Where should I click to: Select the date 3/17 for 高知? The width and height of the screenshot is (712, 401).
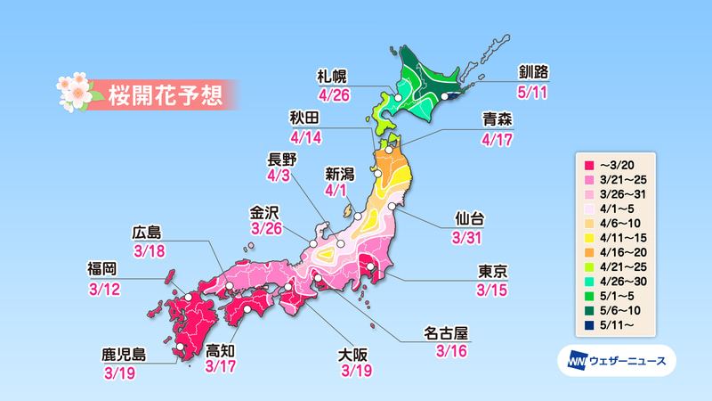point(221,365)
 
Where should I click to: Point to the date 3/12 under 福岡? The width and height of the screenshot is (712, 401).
point(103,291)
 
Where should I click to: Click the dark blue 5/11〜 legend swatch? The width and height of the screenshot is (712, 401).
point(588,325)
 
